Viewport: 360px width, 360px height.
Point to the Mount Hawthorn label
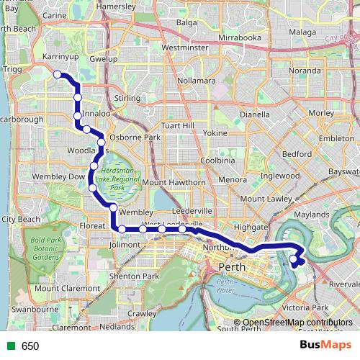tap(174, 182)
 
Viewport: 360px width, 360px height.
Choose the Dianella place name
tap(255, 114)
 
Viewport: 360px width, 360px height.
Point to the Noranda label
tap(304, 71)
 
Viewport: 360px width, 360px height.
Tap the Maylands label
tap(311, 215)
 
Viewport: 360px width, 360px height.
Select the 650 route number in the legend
tap(30, 346)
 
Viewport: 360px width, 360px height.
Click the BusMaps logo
tap(325, 346)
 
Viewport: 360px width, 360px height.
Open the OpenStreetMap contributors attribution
tap(297, 323)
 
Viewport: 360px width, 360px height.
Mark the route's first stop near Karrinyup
tap(57, 73)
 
